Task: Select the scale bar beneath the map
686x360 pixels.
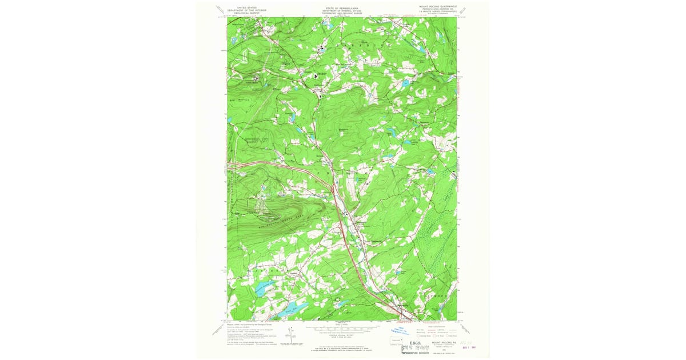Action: coord(342,330)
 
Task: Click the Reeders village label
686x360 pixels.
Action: coord(293,273)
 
